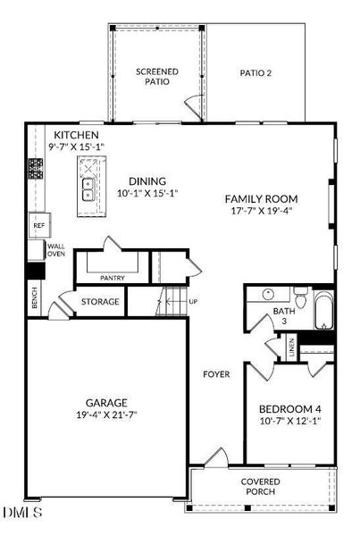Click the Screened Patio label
pyautogui.click(x=157, y=76)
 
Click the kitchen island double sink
pyautogui.click(x=89, y=189)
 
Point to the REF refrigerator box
pyautogui.click(x=38, y=226)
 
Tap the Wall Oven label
pyautogui.click(x=56, y=250)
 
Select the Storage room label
pyautogui.click(x=99, y=302)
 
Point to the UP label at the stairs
pyautogui.click(x=193, y=302)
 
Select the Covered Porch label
pyautogui.click(x=260, y=487)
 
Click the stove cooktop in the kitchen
pyautogui.click(x=37, y=167)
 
